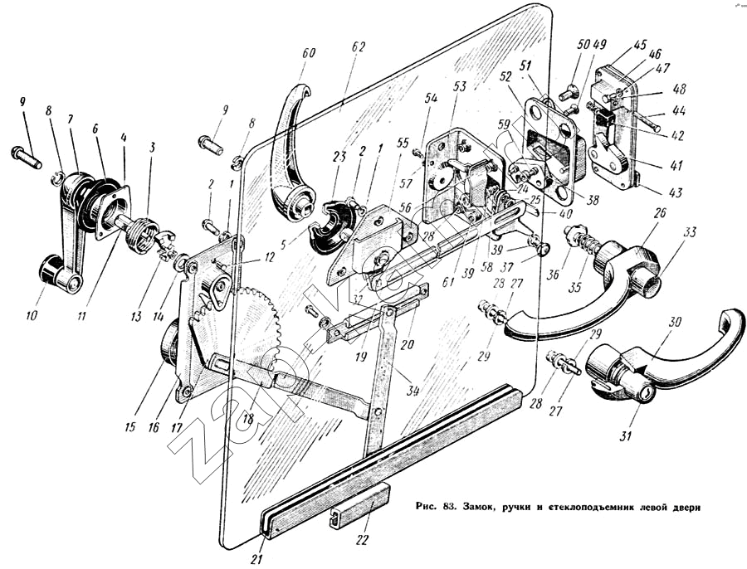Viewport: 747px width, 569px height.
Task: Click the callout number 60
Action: tap(309, 54)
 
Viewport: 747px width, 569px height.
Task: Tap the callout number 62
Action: tap(359, 48)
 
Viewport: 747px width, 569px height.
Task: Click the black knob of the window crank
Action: tap(52, 269)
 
